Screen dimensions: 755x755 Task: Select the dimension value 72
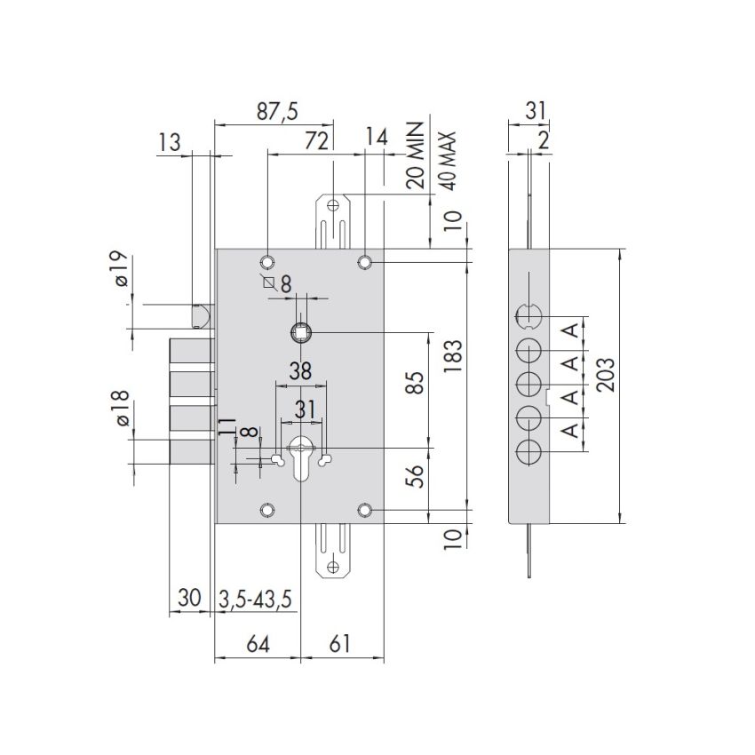pos(317,139)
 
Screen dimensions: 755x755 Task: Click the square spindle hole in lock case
pos(302,333)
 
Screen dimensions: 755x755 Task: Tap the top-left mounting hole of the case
pos(267,262)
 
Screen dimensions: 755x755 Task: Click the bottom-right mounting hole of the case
pos(365,511)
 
